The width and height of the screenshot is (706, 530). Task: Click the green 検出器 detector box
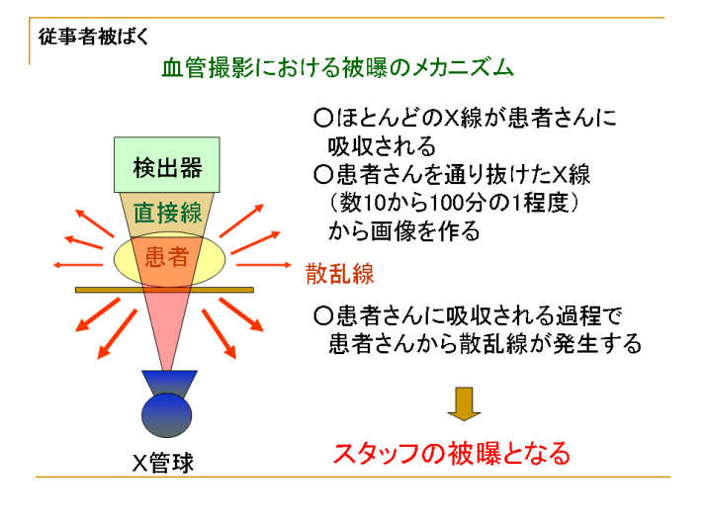coord(166,165)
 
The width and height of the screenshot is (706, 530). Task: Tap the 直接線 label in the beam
coord(167,213)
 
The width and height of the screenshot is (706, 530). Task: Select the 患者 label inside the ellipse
coord(167,257)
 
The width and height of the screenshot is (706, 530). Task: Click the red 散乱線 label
coord(340,273)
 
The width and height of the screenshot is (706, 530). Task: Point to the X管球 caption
coord(163,463)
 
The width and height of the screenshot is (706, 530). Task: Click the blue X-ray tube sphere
coord(166,415)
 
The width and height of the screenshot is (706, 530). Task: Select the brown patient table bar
coord(164,290)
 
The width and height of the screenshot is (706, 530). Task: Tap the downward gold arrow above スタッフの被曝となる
coord(464,403)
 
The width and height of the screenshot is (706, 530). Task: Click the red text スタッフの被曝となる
coord(452,454)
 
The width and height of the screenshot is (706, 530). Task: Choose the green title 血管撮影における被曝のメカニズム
coord(338,68)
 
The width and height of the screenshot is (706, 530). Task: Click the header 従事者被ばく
coord(93,37)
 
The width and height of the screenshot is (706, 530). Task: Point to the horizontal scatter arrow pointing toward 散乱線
coord(264,265)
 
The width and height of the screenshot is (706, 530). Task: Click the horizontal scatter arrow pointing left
coord(78,265)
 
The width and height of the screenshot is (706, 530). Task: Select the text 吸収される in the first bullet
coord(382,146)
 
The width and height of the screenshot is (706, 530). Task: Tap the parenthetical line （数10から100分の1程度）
coord(454,203)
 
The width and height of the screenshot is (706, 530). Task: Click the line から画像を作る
coord(403,231)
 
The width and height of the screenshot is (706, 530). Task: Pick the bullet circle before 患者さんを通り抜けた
coord(322,174)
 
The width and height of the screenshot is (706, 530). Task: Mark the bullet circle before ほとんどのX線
coord(322,118)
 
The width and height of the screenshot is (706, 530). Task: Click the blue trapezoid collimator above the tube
coord(169,383)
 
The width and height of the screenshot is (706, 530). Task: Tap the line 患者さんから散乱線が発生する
coord(485,343)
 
